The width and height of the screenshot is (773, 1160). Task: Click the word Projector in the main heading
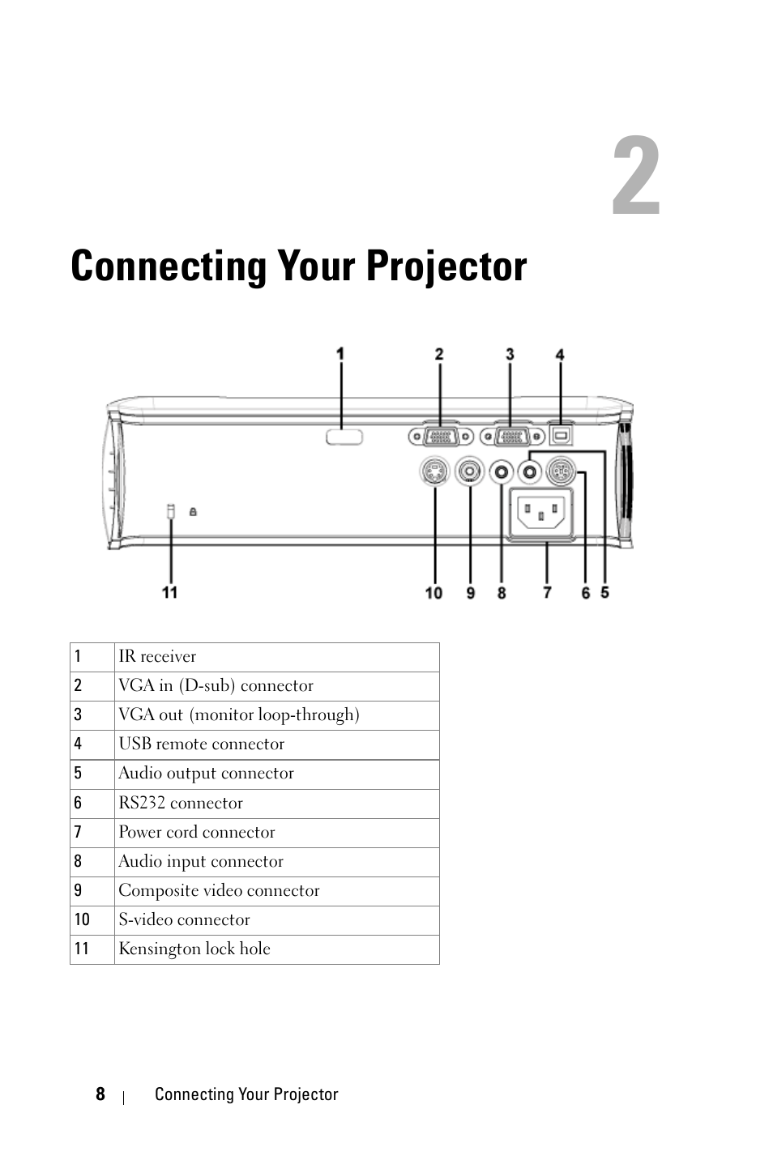pos(444,267)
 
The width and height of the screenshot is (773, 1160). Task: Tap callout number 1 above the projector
pos(340,354)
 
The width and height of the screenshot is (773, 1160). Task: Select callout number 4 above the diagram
pos(560,355)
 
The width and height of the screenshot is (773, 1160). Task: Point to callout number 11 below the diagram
pos(169,593)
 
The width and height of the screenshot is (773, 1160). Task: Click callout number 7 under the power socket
pos(548,593)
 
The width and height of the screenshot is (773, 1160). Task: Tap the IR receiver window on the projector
pos(344,437)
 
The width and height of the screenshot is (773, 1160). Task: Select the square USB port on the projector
pos(561,434)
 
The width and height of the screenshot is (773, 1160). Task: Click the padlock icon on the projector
pos(193,512)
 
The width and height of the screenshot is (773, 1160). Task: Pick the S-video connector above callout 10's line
pos(435,471)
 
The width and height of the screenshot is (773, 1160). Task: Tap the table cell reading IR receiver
pos(276,657)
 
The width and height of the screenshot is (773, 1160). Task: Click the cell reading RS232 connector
pos(276,804)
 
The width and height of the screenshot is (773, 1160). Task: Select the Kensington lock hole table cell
pos(276,949)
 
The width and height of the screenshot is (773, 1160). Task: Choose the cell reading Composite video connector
pos(276,891)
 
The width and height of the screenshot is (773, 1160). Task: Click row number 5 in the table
pos(79,774)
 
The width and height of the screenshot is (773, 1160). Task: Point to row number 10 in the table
pos(83,920)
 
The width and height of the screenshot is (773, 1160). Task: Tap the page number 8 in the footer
pos(100,1094)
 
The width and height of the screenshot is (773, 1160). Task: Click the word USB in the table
pos(135,744)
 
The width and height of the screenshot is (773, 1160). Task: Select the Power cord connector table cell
pos(276,833)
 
